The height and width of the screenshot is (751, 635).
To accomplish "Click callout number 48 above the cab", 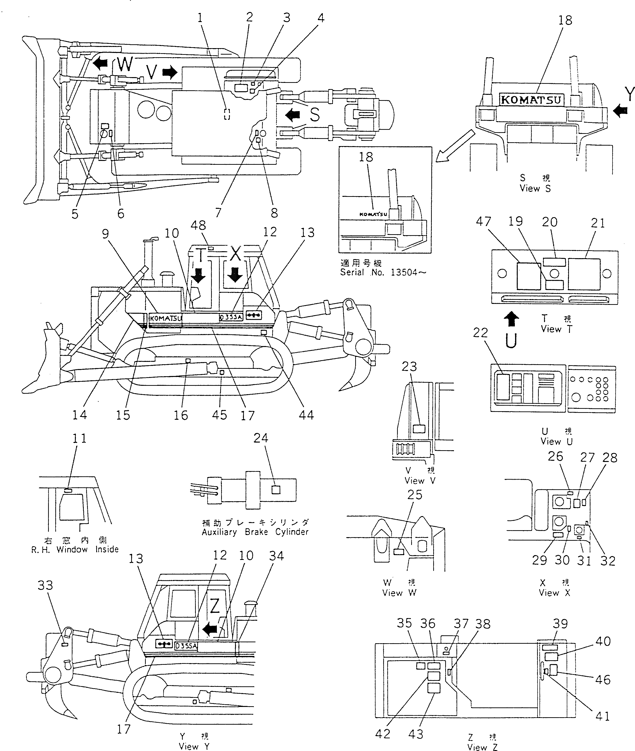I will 198,226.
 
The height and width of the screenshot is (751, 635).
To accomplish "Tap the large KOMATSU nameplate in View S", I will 531,100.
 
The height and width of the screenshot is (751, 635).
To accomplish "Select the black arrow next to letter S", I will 292,115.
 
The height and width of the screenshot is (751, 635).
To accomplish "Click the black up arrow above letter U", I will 511,319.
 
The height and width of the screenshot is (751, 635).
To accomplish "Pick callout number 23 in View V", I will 409,367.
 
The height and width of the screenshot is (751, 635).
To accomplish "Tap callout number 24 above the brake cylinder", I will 261,438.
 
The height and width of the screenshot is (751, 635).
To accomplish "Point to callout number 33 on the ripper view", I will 45,585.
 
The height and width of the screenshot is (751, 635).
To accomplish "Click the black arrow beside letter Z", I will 210,629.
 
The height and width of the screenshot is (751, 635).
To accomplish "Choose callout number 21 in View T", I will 598,223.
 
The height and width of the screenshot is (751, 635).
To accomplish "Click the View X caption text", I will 554,593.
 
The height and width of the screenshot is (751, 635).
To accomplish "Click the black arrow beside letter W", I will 101,64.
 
